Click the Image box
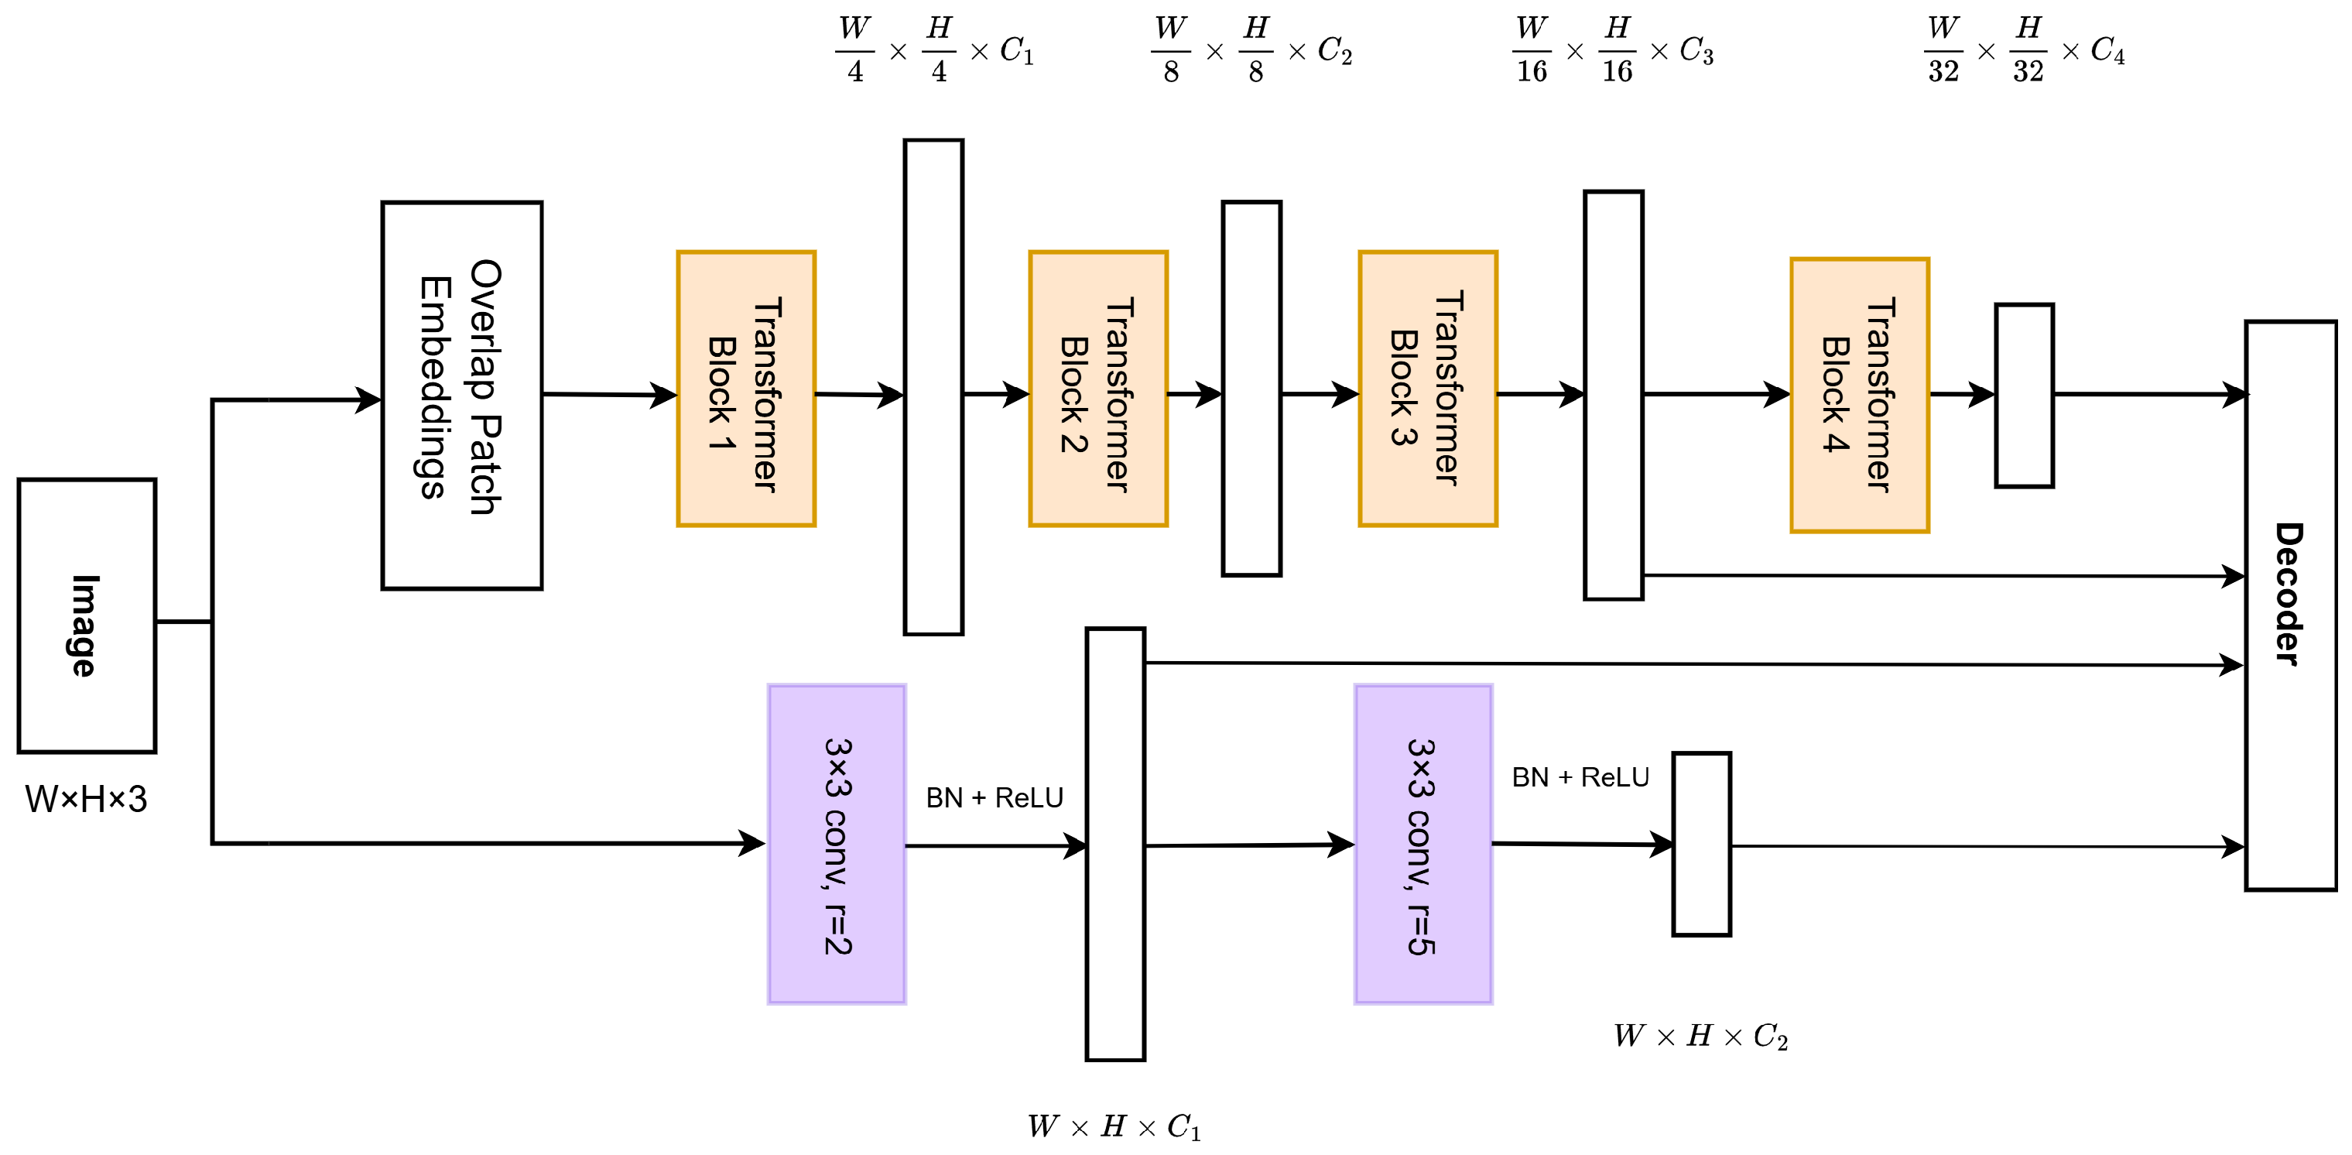tap(87, 615)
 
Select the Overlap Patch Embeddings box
tap(462, 396)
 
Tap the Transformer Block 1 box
tap(746, 389)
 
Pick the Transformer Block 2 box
tap(1098, 389)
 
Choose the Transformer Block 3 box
tap(1428, 389)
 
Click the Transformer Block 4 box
tap(1860, 396)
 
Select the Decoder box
tap(2291, 605)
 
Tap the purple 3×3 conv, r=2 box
tap(837, 845)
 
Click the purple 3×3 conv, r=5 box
tap(1423, 845)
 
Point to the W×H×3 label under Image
tap(86, 800)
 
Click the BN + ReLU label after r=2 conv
tap(995, 798)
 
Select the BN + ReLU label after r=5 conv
tap(1580, 778)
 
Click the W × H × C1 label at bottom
tap(1114, 1126)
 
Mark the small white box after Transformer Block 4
tap(2024, 396)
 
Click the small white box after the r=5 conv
tap(1701, 845)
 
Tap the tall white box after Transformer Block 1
tap(933, 387)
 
